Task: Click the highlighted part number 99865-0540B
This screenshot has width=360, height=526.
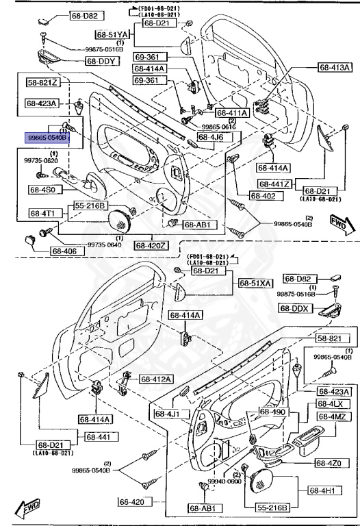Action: (47, 137)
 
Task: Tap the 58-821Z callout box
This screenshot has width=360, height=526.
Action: (43, 83)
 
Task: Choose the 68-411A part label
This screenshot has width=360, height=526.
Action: (232, 112)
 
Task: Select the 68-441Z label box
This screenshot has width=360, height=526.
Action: (275, 184)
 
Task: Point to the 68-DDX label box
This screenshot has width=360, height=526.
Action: (296, 308)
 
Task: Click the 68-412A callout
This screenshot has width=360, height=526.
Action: (157, 379)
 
